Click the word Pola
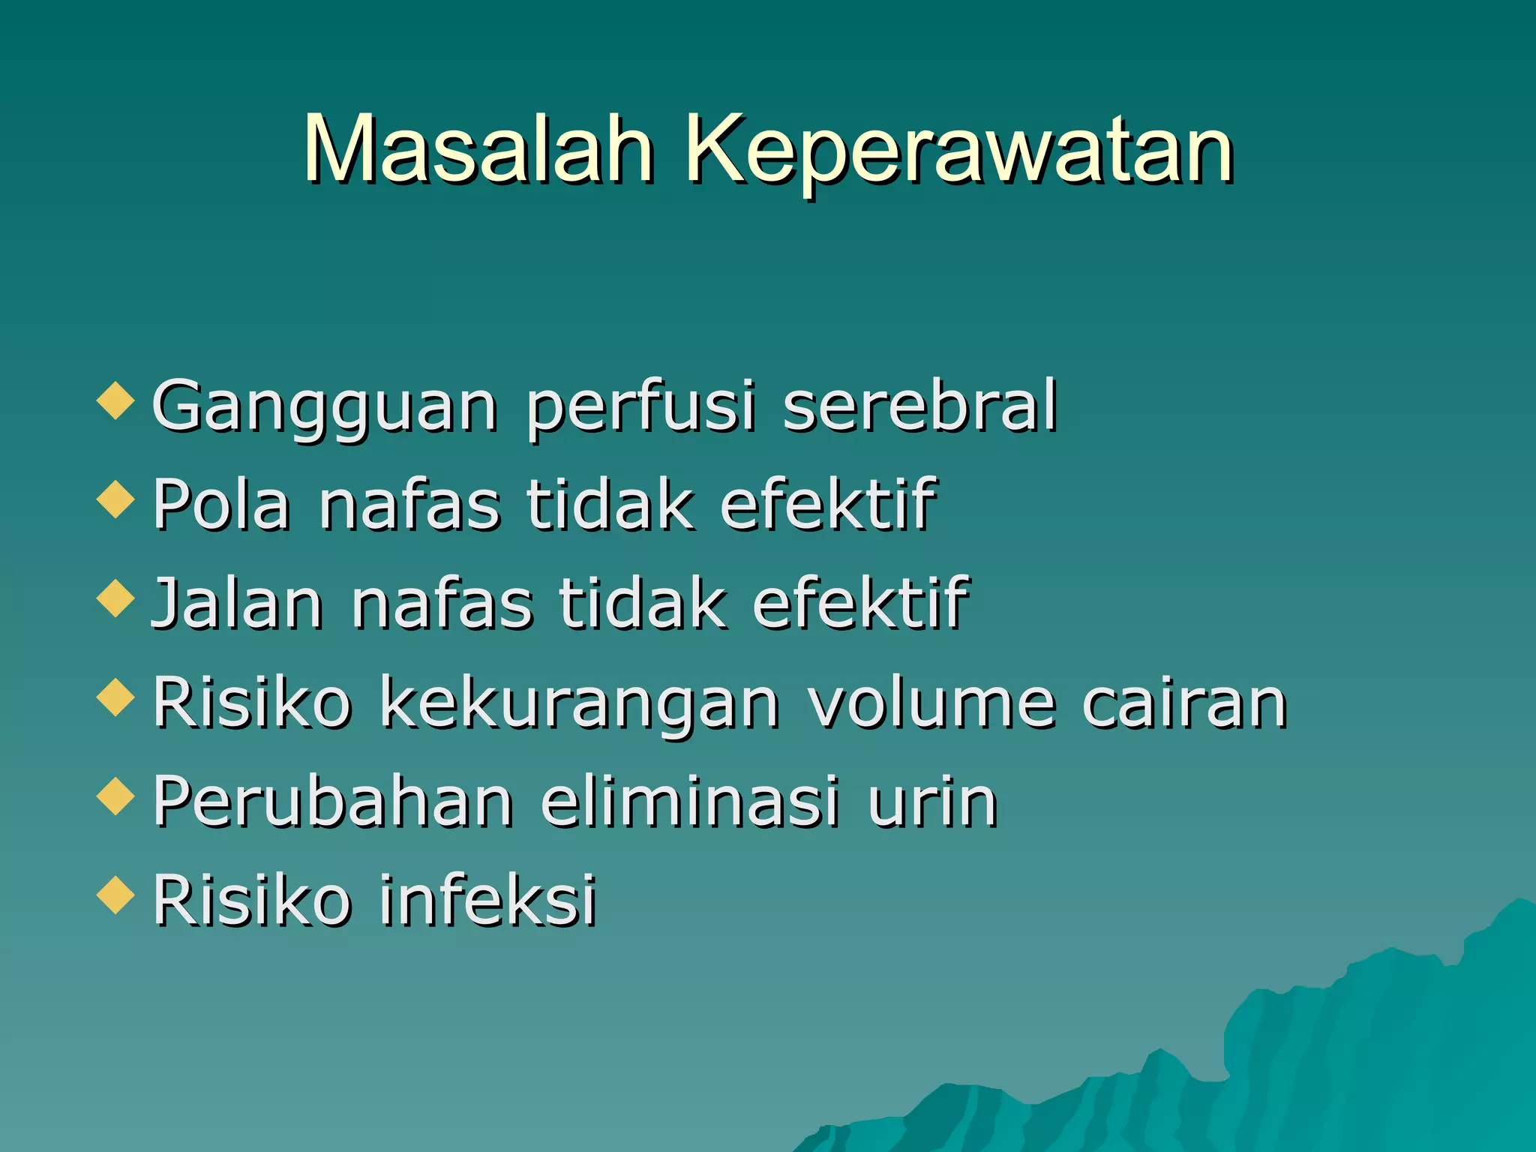[221, 504]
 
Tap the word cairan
[1184, 703]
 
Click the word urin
[932, 802]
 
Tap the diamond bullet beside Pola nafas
[115, 499]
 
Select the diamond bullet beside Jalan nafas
[115, 598]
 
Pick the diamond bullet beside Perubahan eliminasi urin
[115, 796]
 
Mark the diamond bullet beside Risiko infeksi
[115, 895]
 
